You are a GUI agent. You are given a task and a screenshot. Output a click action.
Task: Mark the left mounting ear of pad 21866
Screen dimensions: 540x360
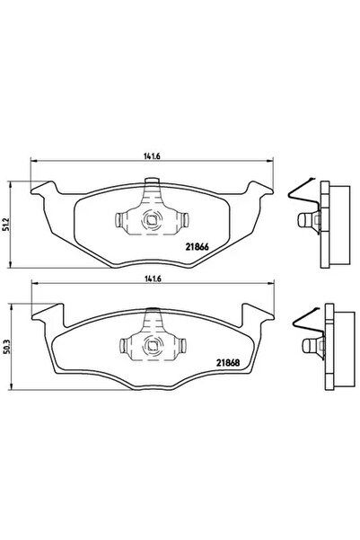point(40,190)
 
